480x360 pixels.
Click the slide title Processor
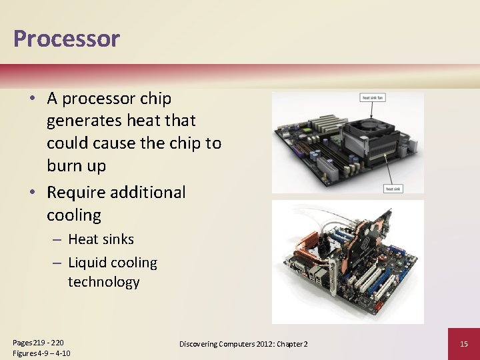tap(66, 39)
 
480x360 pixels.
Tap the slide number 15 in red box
tap(465, 343)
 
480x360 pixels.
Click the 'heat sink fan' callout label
tap(373, 97)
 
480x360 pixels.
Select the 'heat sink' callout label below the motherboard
tap(393, 189)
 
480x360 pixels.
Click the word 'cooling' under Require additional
tap(74, 215)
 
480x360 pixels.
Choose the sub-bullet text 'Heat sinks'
tap(101, 239)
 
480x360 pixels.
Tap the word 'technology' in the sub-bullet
tap(103, 282)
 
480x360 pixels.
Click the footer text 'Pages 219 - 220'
tap(38, 342)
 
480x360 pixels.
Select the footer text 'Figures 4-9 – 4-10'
tap(42, 353)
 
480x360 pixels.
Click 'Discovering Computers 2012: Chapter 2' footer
tap(243, 343)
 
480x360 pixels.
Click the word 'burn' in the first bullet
tap(65, 166)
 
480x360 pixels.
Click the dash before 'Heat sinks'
tap(57, 239)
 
